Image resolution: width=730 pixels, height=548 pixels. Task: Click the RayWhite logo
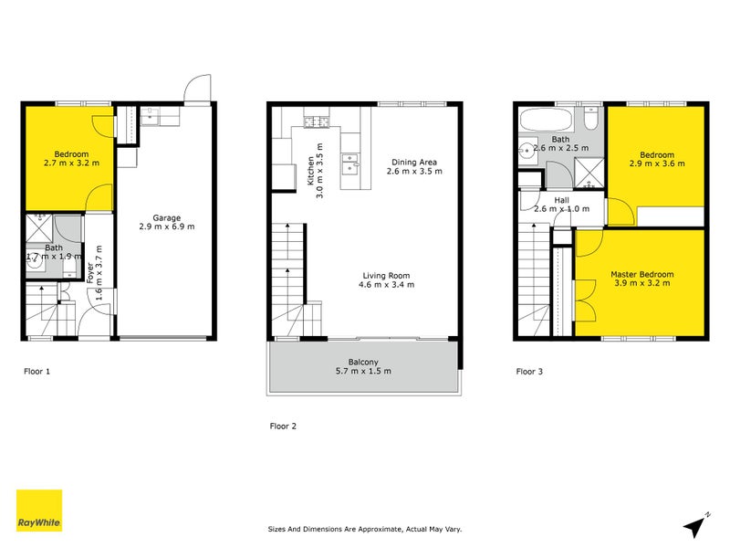[39, 511]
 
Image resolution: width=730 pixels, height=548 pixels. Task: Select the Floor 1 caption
[36, 372]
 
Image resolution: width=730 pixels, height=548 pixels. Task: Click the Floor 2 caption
[282, 426]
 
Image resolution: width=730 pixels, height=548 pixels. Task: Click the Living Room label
[387, 275]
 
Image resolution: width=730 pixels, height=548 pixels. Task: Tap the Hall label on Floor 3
[561, 199]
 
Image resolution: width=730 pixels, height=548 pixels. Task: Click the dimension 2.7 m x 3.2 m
[69, 164]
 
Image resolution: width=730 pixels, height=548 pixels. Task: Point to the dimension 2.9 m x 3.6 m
[656, 164]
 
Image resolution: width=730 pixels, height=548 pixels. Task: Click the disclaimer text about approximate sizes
[365, 528]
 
